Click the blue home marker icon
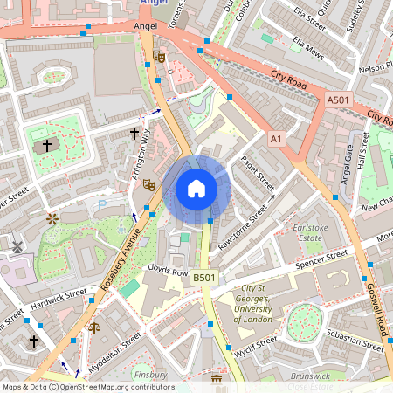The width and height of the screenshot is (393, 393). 196,189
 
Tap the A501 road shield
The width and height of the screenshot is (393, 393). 338,101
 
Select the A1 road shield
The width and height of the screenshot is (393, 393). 277,139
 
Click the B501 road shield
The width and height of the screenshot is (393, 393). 203,278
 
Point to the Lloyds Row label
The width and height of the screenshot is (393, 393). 168,272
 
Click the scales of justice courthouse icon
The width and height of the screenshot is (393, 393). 94,329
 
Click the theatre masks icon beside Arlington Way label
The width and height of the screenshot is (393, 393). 149,185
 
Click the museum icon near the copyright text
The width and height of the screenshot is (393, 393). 216,379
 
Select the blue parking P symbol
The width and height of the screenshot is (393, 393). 102,204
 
